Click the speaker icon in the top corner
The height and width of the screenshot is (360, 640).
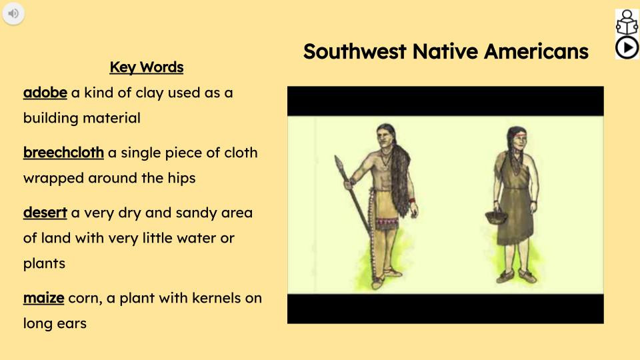[x=13, y=13]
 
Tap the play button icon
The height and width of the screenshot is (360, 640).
[x=627, y=47]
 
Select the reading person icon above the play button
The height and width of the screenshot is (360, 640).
[x=627, y=22]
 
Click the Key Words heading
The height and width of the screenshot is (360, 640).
[x=146, y=67]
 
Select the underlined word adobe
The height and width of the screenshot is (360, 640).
[x=45, y=93]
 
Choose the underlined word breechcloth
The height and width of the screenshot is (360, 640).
[x=63, y=153]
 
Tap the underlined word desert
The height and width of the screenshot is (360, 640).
[x=45, y=213]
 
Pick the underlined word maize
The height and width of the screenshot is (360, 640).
[x=43, y=298]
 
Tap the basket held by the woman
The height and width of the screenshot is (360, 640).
[x=494, y=217]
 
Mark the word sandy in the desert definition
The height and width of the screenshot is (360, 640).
[x=197, y=213]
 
